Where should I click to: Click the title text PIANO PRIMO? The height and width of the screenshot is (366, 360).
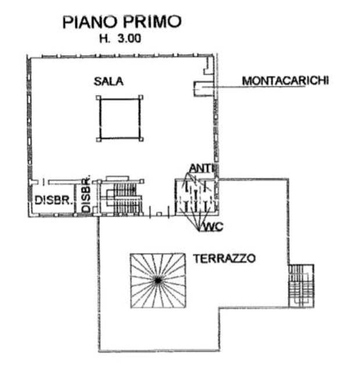pyautogui.click(x=122, y=22)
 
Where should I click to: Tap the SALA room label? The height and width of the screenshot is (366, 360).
pyautogui.click(x=109, y=81)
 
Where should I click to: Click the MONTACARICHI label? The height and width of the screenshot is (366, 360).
pyautogui.click(x=285, y=81)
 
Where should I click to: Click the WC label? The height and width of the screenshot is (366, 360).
pyautogui.click(x=213, y=227)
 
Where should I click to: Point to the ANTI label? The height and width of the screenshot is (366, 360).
pyautogui.click(x=201, y=168)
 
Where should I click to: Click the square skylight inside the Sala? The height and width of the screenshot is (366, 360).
pyautogui.click(x=120, y=119)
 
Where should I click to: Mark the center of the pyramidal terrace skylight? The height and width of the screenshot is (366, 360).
pyautogui.click(x=157, y=281)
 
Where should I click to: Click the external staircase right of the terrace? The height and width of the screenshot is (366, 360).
pyautogui.click(x=301, y=285)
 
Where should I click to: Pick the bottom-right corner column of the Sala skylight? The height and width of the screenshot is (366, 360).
pyautogui.click(x=141, y=139)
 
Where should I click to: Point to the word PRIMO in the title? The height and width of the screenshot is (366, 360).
pyautogui.click(x=152, y=22)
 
